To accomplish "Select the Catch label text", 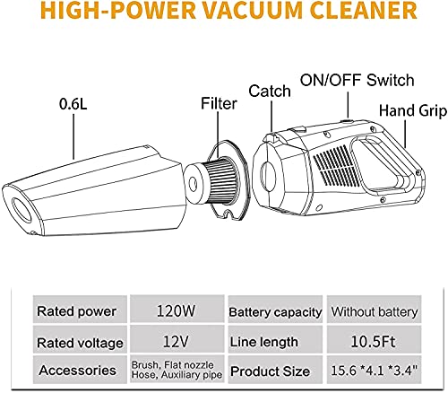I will click(x=267, y=91).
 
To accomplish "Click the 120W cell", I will click(x=175, y=310).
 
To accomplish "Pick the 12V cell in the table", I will click(x=175, y=341).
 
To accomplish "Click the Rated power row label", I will click(x=75, y=310).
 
